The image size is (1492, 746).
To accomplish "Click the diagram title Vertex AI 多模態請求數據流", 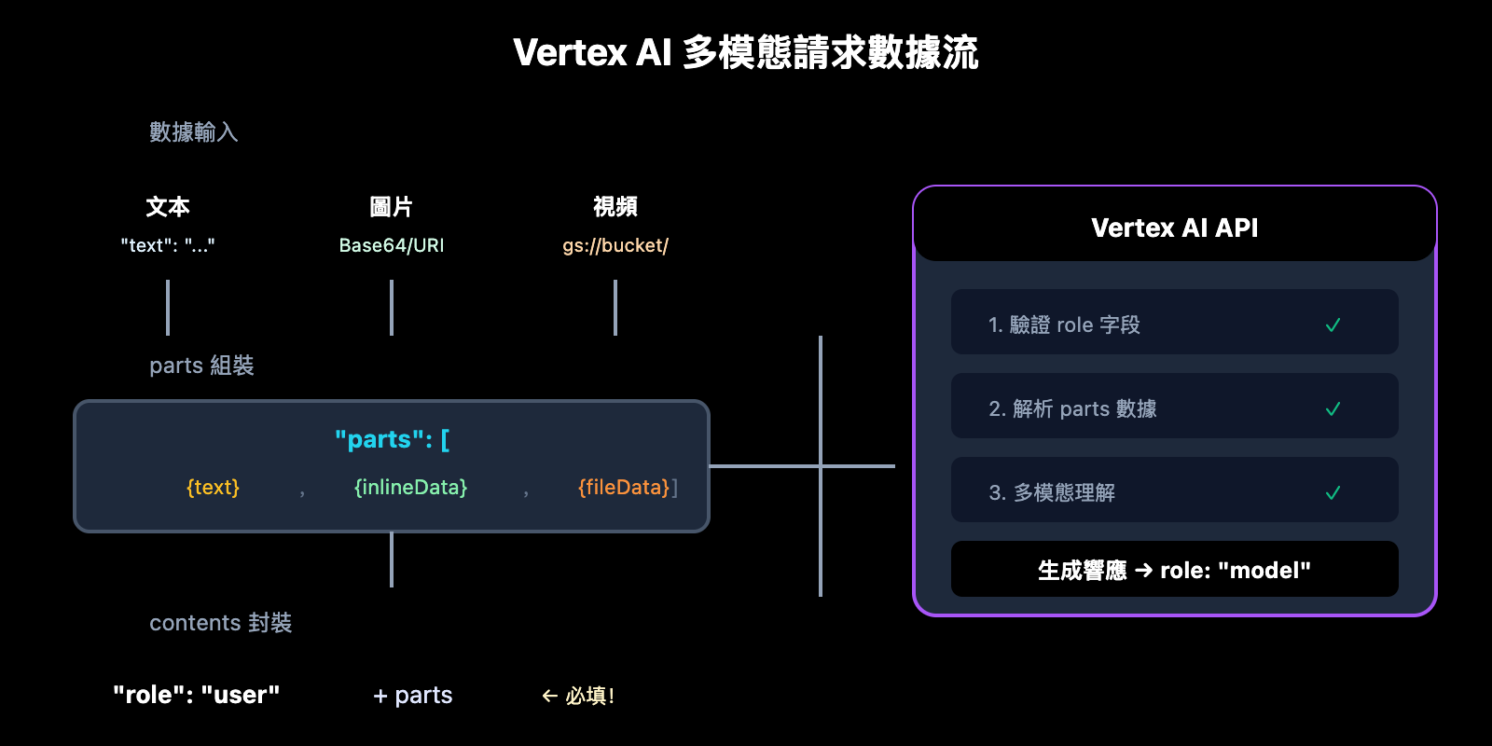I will click(745, 52).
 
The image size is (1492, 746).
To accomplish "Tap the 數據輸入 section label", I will click(194, 132).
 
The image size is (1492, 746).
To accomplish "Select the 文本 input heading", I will click(168, 206).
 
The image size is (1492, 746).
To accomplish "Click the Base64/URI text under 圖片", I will click(392, 245).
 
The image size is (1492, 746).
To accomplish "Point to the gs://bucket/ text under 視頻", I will click(615, 245).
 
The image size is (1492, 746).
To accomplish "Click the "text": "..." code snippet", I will click(168, 245).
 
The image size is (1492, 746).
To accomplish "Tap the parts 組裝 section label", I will click(201, 366).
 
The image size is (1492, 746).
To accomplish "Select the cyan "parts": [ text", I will click(392, 439).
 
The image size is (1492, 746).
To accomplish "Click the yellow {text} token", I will click(213, 487).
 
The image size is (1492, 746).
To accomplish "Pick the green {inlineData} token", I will click(410, 487).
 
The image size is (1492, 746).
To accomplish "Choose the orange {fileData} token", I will click(624, 487).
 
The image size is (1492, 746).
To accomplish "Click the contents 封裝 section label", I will click(220, 623).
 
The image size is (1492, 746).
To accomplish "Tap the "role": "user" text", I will click(196, 695).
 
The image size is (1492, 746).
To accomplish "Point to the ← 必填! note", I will click(578, 696).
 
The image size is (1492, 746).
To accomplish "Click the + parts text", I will click(412, 696).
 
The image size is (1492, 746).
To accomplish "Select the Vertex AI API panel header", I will click(1174, 228).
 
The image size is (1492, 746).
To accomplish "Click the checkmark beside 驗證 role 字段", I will click(1333, 325).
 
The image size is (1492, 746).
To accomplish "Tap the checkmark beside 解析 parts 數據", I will click(1333, 409).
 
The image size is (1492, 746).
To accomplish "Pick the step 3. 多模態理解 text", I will click(1052, 492).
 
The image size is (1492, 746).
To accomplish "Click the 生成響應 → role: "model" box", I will click(1174, 570).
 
